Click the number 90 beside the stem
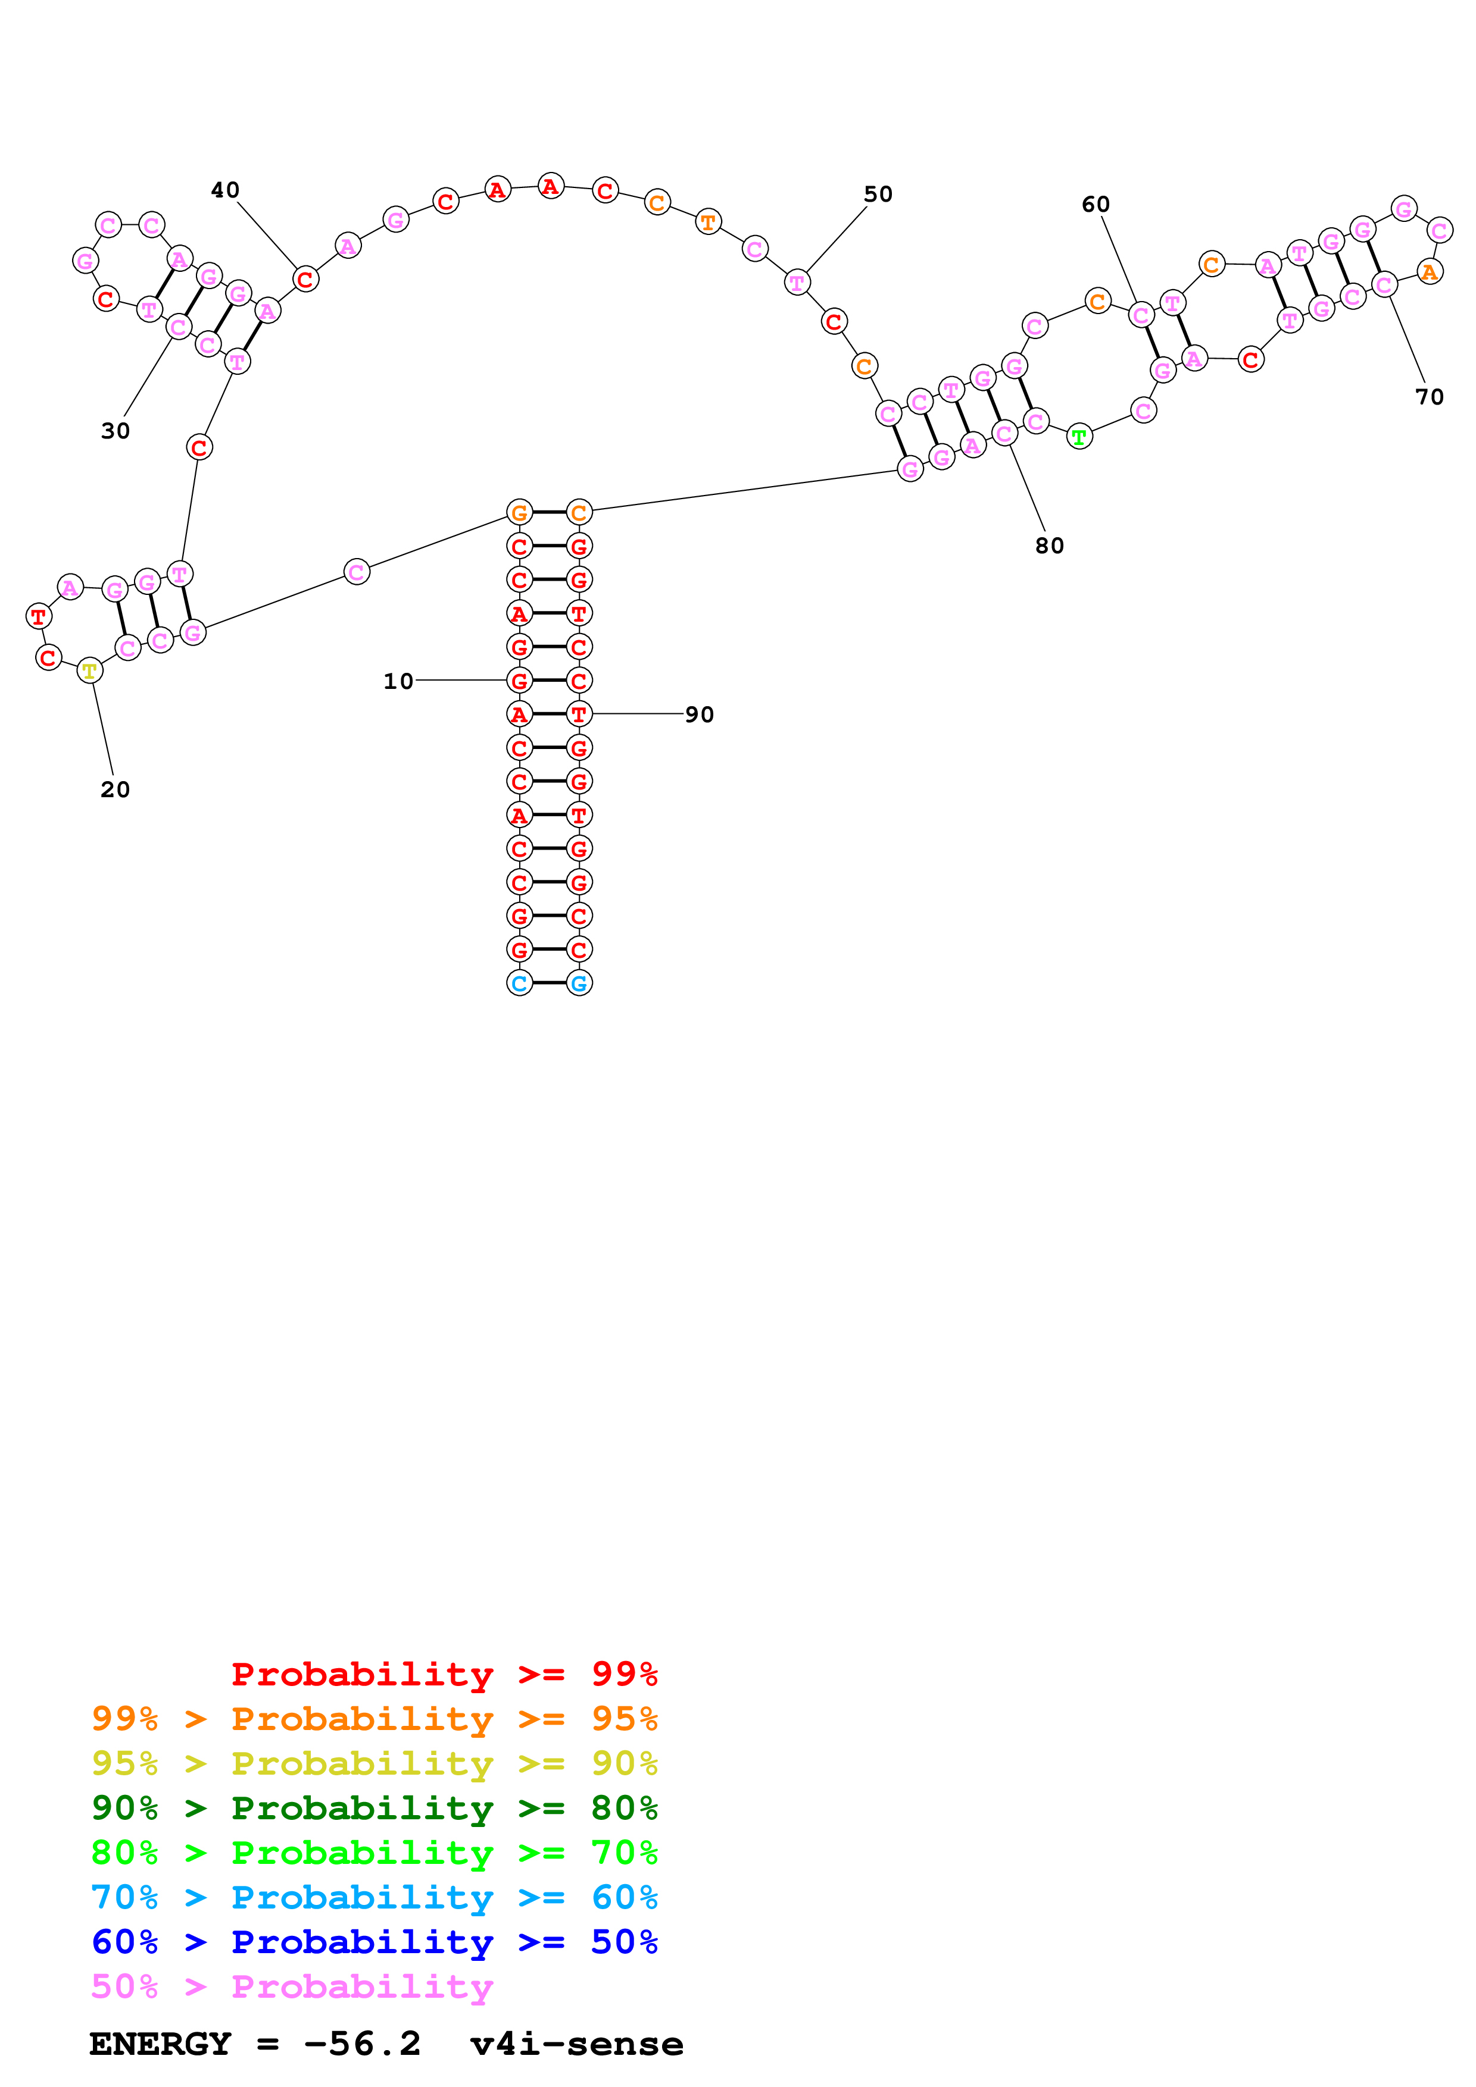(700, 715)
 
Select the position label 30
(116, 431)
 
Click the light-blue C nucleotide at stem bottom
(519, 983)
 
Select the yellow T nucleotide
(89, 671)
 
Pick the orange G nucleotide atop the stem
(519, 513)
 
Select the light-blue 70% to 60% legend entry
(374, 1897)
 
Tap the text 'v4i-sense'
(576, 2044)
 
